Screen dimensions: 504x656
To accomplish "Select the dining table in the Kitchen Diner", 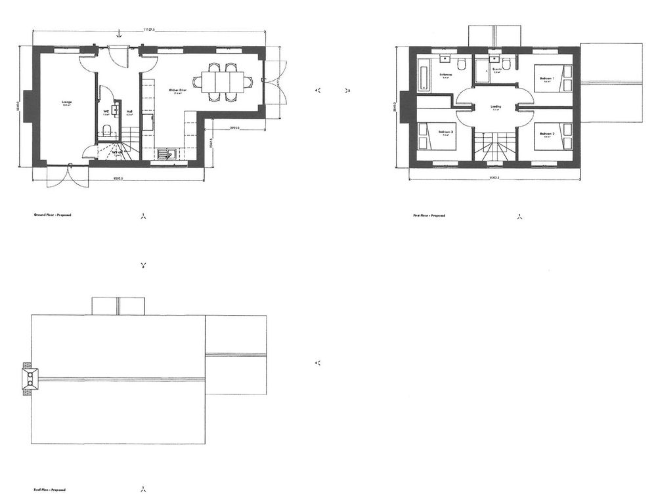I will (222, 82).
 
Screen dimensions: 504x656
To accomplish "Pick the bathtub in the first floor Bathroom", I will (424, 71).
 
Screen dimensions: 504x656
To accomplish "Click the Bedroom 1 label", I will (548, 79).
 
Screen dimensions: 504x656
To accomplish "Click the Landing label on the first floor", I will (496, 106).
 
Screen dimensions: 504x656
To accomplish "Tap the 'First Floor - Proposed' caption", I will (429, 215).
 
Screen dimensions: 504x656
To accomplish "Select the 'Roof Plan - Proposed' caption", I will (49, 490).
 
